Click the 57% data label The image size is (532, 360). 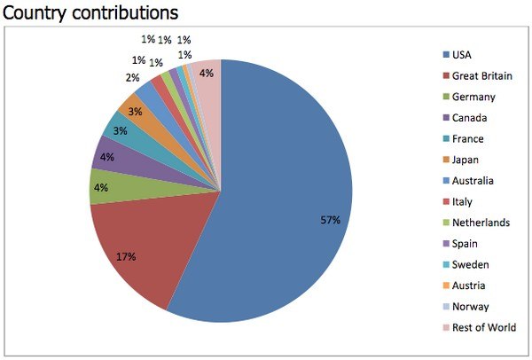click(x=330, y=220)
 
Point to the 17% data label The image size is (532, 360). click(x=126, y=257)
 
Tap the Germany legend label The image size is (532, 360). click(x=473, y=97)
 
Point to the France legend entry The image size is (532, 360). click(x=467, y=139)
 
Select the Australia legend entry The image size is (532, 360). click(x=473, y=181)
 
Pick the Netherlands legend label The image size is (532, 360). click(x=480, y=223)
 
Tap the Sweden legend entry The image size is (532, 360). click(x=469, y=265)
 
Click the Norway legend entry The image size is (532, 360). click(x=469, y=307)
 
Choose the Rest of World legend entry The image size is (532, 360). click(x=484, y=328)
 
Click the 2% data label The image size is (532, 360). click(x=132, y=77)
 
